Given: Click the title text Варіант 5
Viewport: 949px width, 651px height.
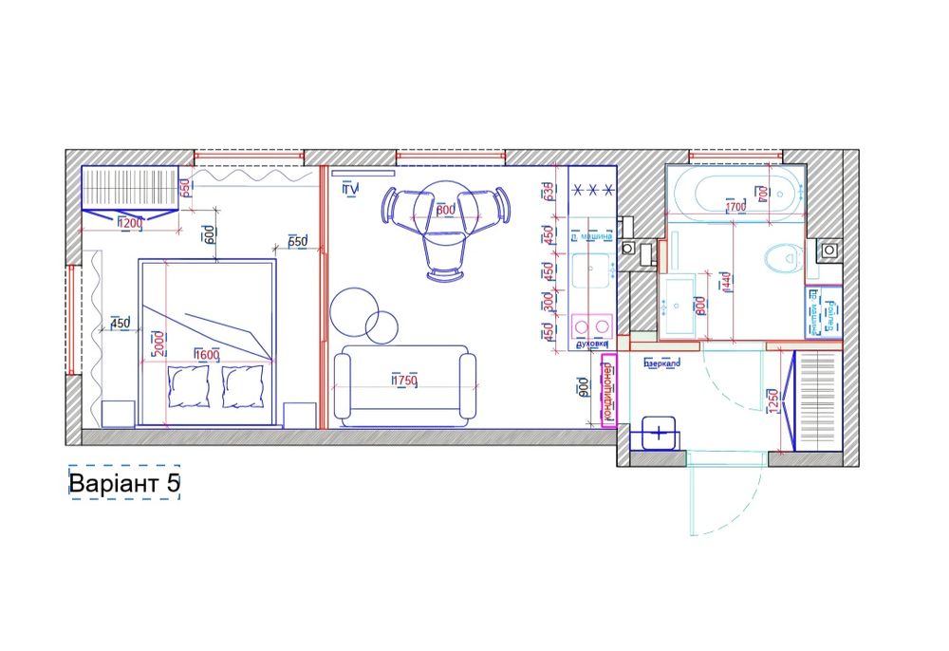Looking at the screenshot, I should pos(123,484).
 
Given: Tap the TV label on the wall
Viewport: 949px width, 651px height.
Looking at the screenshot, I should pos(349,189).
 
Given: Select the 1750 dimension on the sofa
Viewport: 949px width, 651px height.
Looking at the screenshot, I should pos(405,381).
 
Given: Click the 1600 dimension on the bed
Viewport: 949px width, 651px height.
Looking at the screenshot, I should pos(207,355).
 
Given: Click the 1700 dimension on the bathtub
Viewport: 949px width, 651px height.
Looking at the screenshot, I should pos(735,206).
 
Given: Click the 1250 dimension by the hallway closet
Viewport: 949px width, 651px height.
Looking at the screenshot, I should pos(772,400).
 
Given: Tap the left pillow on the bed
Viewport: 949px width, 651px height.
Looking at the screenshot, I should pos(188,387).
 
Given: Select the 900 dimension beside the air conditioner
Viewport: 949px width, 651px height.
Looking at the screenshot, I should pos(583,384).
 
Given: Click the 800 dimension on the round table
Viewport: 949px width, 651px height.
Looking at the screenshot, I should pos(445,210).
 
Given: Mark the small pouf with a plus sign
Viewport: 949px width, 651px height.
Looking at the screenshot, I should pos(660,432).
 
